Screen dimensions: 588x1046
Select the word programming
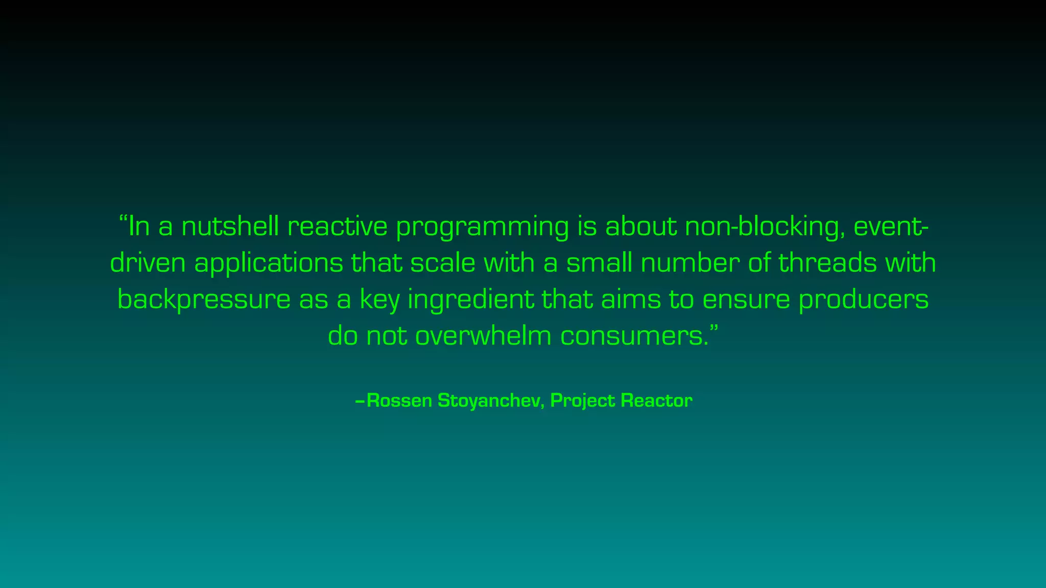click(x=482, y=228)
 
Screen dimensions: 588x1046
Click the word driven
click(x=148, y=263)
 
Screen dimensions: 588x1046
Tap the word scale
click(x=443, y=263)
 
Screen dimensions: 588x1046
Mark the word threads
click(x=827, y=263)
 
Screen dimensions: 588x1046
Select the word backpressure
click(x=204, y=300)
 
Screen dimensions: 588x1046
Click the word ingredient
click(x=470, y=300)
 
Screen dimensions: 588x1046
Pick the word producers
click(x=864, y=300)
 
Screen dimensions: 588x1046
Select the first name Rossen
click(x=399, y=401)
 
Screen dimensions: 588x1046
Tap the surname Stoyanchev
click(x=491, y=401)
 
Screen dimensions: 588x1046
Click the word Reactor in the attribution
click(x=656, y=401)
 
